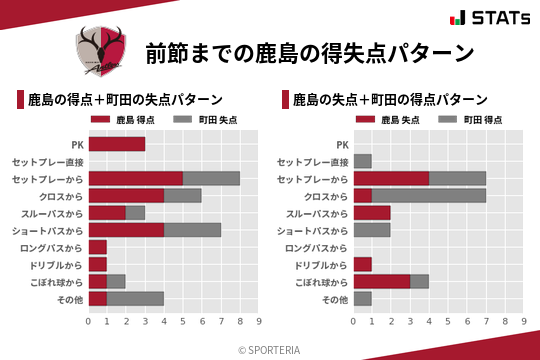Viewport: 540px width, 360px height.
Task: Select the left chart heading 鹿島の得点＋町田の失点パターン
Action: coord(125,100)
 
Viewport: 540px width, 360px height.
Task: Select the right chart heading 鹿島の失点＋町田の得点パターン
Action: coord(390,100)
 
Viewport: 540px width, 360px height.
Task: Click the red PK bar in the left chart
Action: coord(116,144)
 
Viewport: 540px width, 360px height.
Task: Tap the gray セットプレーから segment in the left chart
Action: coord(211,178)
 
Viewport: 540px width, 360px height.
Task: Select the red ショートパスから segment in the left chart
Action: coord(126,230)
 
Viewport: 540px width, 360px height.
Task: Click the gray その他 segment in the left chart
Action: coord(135,298)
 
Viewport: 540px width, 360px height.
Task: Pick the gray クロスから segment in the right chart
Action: coord(429,196)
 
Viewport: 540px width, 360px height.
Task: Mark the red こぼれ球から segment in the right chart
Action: coord(381,281)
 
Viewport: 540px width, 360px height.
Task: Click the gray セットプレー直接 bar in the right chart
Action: coord(362,161)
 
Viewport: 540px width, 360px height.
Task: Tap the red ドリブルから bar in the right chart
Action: coord(362,264)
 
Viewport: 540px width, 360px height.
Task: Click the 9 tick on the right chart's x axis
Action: coord(524,321)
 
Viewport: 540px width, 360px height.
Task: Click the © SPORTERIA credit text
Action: coord(270,349)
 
